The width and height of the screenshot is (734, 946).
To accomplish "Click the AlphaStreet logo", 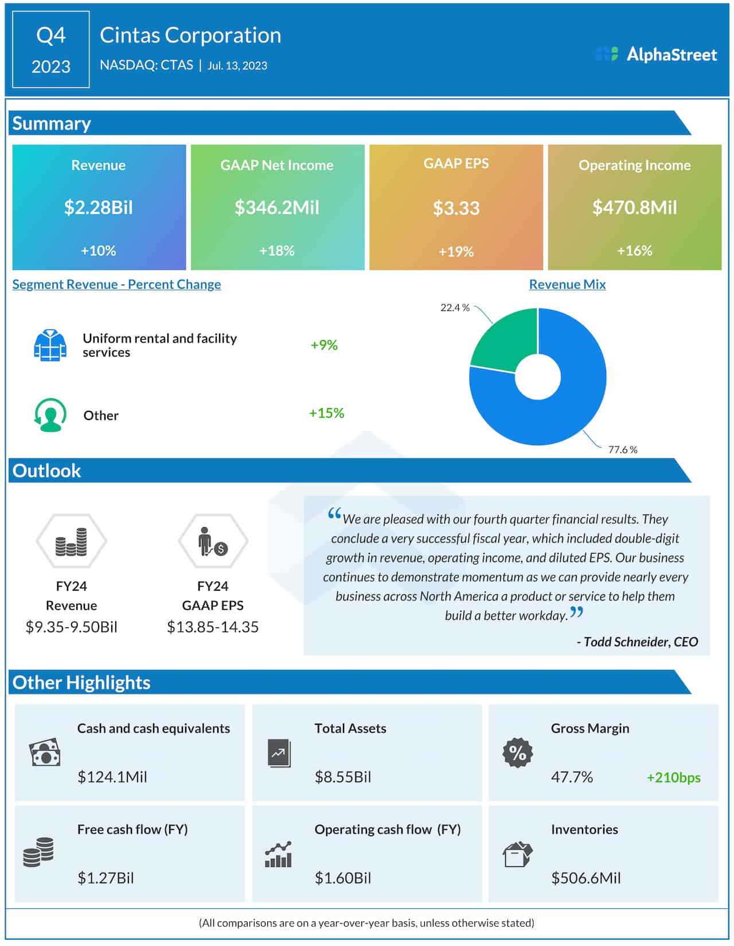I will coord(656,54).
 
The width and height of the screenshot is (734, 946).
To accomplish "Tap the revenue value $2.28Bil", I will coord(99,207).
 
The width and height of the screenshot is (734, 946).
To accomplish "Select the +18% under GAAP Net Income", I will coord(277,251).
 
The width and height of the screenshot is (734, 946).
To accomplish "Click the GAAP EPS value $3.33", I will coord(456,208).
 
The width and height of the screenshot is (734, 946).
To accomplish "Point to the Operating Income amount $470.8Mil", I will coord(634,207).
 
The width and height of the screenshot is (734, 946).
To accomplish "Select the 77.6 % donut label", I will coord(622,450).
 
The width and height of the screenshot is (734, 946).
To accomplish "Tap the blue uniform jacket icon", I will coord(50,346).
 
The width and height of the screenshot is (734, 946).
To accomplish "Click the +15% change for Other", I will coord(326,413).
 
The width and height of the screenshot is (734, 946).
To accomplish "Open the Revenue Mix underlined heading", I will coord(567,284).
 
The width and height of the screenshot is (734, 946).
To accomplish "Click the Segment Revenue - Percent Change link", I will coord(116,284).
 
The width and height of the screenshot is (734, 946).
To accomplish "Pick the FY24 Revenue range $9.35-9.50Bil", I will coord(72,627).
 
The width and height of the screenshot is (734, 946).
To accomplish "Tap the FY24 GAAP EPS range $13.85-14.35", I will coord(213,627).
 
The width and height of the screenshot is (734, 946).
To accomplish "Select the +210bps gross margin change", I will coord(673,778).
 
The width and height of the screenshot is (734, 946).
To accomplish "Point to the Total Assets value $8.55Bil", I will coord(343,777).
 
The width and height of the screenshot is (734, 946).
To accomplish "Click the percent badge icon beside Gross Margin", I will coord(517,753).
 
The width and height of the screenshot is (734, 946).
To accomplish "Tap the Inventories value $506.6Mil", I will coord(585,878).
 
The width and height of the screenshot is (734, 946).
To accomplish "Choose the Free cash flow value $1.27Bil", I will coord(106,878).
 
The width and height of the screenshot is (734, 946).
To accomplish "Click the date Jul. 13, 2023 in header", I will coord(237,66).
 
